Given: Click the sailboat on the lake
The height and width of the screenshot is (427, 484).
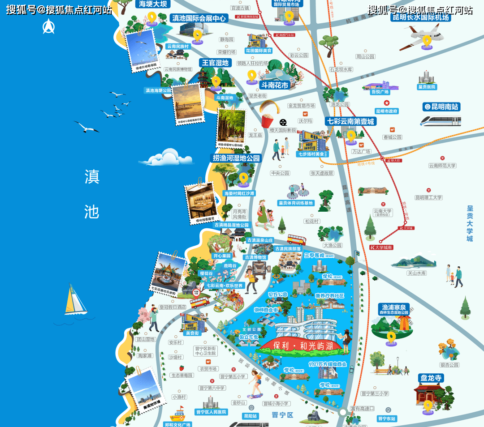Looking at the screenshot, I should coord(75,300).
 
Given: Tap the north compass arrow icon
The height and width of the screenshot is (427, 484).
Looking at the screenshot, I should coord(48,27).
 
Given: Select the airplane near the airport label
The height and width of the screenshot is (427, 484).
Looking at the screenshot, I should coord(423,37).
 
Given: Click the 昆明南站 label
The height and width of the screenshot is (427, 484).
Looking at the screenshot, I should coord(441,107).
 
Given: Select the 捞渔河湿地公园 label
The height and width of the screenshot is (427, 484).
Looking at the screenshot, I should coord(236,158).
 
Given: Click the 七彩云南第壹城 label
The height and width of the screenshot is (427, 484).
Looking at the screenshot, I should coord(350,121).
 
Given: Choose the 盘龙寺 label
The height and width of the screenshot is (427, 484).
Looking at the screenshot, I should coord(431,378).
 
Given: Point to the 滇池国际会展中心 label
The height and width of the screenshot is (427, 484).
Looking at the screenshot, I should coord(199,18).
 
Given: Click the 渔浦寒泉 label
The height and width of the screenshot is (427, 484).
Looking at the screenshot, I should coord(393,307).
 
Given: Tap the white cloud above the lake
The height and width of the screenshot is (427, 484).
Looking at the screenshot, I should coord(166,157).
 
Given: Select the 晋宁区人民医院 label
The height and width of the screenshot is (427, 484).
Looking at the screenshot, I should coord(212,412).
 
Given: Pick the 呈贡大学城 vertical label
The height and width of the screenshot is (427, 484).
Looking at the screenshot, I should coord(470,223).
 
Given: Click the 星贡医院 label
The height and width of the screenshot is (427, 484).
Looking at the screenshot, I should coord(427,87).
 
